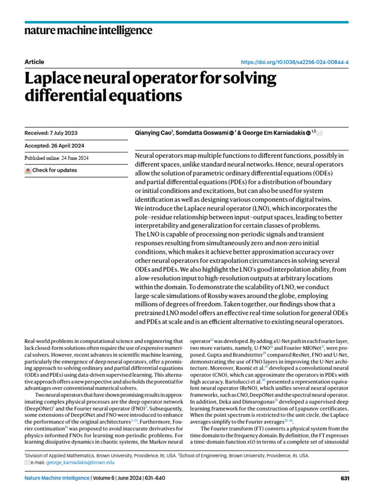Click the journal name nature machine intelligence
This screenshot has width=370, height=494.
[88, 31]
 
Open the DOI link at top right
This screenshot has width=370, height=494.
[294, 62]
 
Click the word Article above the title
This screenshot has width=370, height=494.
[34, 62]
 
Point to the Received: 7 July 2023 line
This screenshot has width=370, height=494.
[51, 133]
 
